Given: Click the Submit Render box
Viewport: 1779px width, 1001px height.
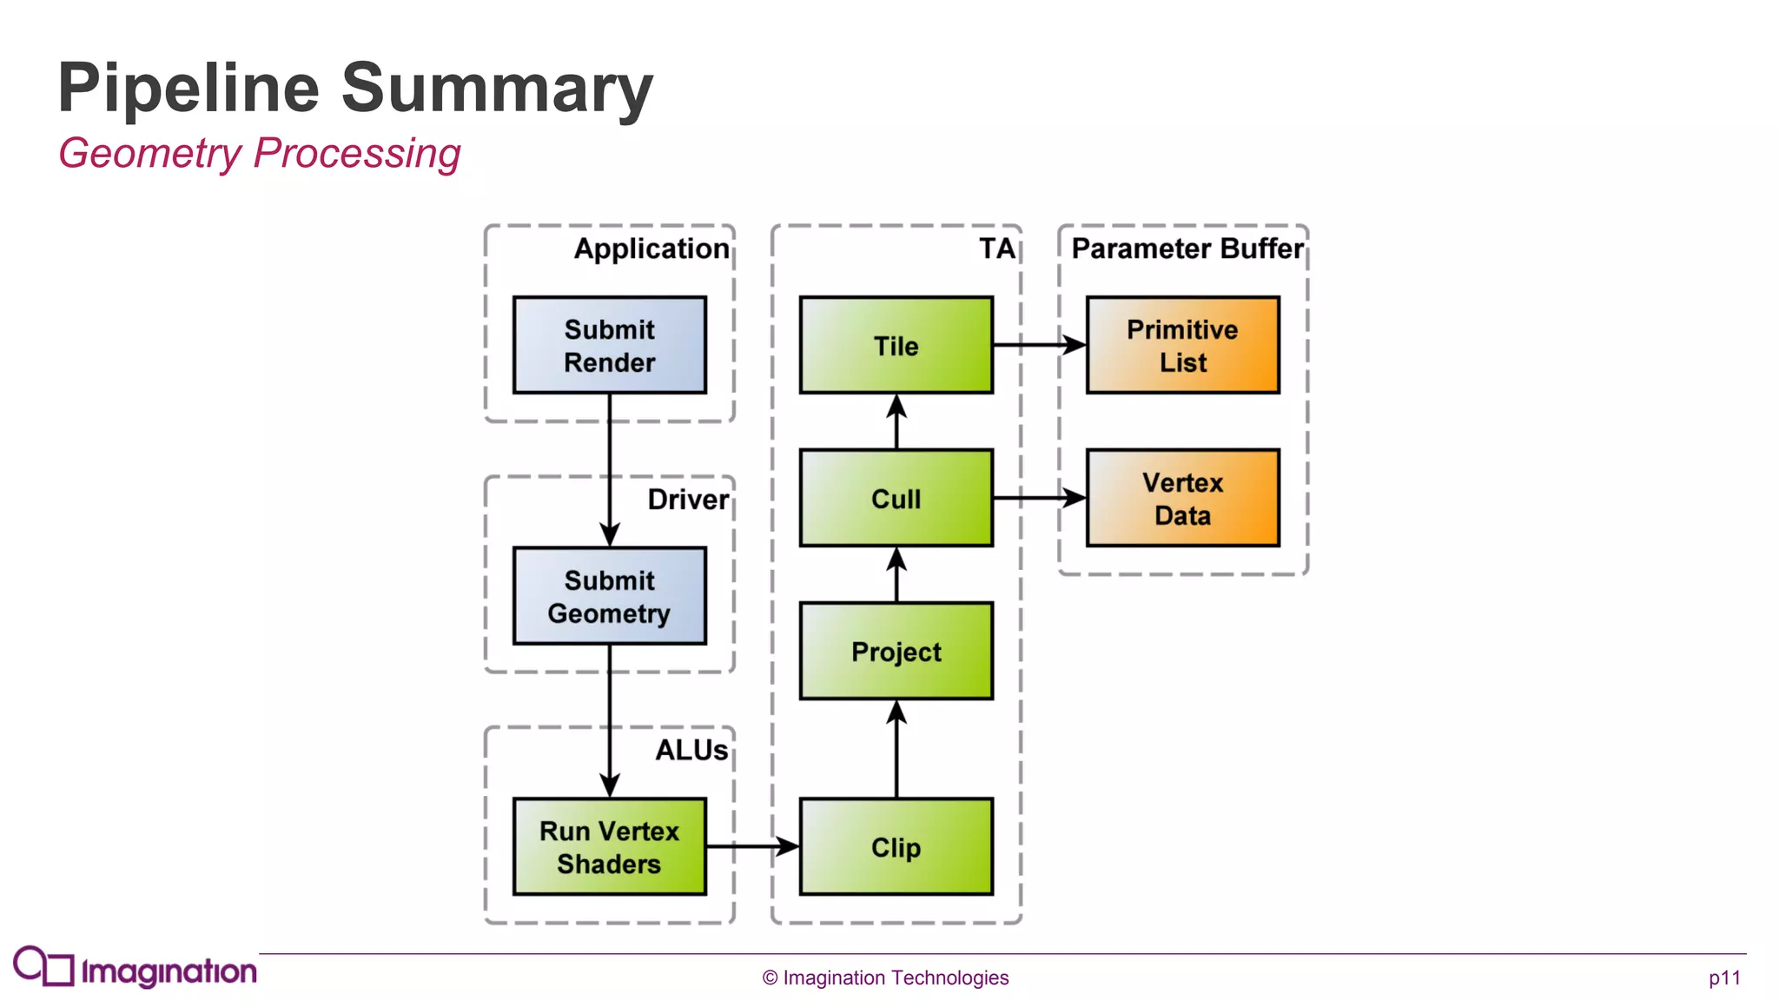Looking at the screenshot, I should click(609, 345).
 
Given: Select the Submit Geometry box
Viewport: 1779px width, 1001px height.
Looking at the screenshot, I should click(609, 595).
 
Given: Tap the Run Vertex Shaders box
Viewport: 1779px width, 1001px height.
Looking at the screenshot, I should click(609, 846).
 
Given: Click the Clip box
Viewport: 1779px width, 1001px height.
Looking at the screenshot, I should click(896, 846).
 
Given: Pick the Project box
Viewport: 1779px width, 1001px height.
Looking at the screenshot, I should click(896, 651).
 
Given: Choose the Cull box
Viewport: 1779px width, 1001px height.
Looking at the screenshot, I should click(896, 498).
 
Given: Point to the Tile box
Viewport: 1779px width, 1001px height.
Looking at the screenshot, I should click(896, 345).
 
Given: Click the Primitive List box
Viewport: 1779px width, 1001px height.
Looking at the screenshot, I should click(1182, 345).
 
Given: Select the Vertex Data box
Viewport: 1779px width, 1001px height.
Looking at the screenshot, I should click(1182, 498).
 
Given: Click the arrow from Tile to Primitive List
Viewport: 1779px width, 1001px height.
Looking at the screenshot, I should click(1038, 345).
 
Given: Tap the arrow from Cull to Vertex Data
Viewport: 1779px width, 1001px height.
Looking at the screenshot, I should click(1038, 498).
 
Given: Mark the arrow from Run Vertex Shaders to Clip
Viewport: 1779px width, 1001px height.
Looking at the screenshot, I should click(751, 845).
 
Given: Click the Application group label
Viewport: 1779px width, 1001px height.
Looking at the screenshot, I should click(651, 249).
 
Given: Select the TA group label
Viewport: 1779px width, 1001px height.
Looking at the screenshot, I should click(996, 249).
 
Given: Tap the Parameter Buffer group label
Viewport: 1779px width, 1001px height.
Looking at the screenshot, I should click(1187, 249).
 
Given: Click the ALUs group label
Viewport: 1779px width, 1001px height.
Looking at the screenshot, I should click(691, 750).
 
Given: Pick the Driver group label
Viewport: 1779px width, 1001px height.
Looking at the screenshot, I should click(688, 500).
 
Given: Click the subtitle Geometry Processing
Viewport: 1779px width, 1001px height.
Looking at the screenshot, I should click(259, 154).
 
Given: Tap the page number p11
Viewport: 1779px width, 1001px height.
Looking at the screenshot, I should click(1724, 978).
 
